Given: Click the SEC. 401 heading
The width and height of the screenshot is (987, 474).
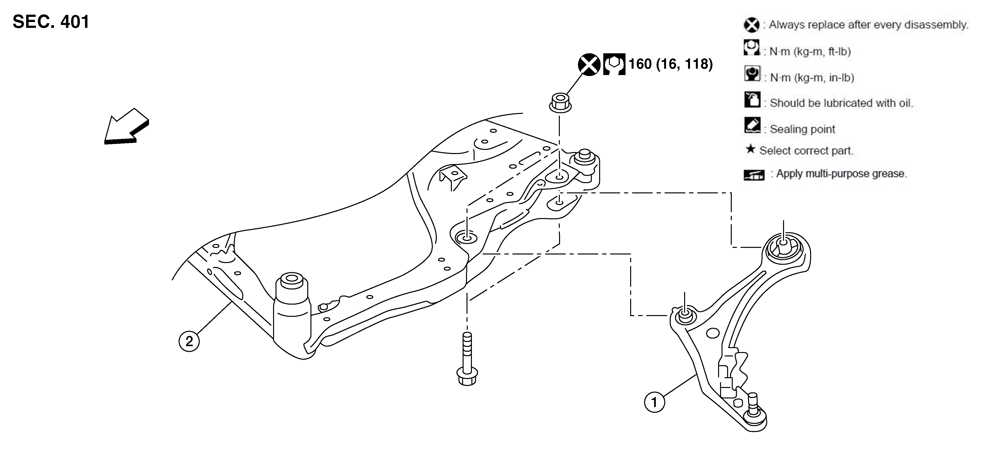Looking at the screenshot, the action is (x=51, y=22).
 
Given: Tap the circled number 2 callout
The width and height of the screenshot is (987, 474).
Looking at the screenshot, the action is (x=189, y=341).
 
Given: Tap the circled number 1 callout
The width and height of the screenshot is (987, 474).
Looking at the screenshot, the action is (x=654, y=402).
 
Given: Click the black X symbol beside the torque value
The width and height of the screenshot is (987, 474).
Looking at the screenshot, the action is (x=589, y=65).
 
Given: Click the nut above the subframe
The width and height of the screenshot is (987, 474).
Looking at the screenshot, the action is (x=560, y=102).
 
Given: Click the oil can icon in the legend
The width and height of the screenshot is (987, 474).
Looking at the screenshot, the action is (x=752, y=100).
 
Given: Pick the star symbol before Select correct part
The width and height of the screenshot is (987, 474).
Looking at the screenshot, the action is (x=750, y=149).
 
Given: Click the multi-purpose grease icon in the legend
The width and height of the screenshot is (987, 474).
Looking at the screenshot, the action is (x=754, y=175).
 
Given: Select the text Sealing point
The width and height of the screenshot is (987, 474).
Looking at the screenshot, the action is (x=802, y=129).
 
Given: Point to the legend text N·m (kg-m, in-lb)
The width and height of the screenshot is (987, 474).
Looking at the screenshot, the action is (x=812, y=78).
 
